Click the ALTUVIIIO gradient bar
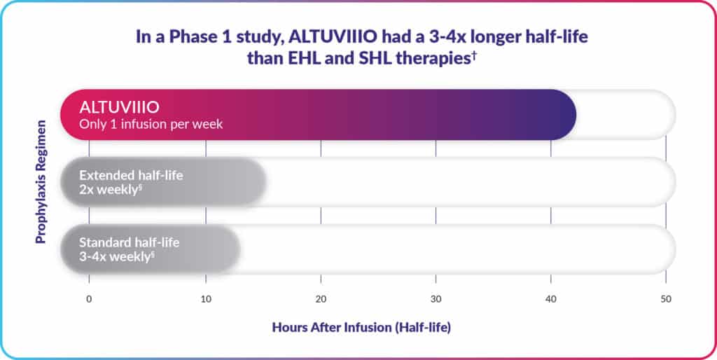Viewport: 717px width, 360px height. (x=319, y=114)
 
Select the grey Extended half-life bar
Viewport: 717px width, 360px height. (x=163, y=182)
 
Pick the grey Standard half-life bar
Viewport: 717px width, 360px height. (x=151, y=249)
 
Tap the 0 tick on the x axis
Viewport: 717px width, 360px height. (x=89, y=300)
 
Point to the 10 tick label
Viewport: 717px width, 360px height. (x=206, y=300)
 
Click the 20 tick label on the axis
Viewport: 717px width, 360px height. (x=321, y=300)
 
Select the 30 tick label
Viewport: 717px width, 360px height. (x=436, y=300)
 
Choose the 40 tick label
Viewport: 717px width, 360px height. (x=550, y=300)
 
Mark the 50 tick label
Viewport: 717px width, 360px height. (x=666, y=300)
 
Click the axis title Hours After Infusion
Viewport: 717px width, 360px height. (x=361, y=328)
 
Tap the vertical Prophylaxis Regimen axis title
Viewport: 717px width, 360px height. (x=41, y=181)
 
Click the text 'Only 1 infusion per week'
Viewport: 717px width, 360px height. (x=151, y=125)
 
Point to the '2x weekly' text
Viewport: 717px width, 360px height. (x=109, y=190)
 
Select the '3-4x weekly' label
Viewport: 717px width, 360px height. (x=117, y=257)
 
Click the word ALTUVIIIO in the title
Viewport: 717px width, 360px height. (x=327, y=37)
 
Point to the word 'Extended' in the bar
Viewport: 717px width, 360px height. (x=106, y=176)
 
